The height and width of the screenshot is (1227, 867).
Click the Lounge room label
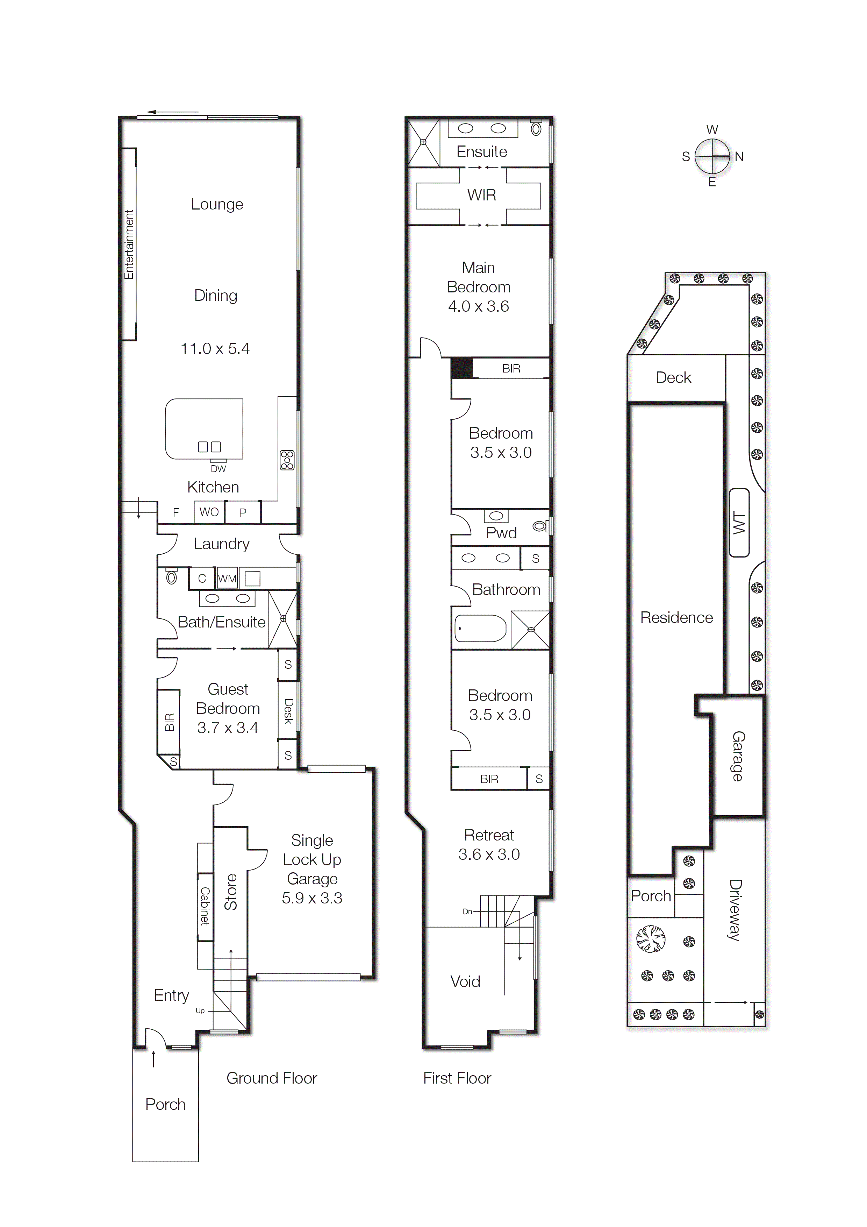point(217,204)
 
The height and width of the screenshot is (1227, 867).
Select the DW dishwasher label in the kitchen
point(218,469)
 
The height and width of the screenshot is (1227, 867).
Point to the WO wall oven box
point(209,512)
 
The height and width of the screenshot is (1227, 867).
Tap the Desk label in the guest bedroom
point(288,711)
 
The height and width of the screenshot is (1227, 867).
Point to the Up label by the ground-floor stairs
point(200,1010)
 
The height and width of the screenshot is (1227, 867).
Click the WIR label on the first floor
point(481,195)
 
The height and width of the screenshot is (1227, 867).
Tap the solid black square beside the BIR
point(461,368)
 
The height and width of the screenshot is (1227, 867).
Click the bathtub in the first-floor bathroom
point(480,629)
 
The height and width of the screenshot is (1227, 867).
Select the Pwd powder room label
point(501,533)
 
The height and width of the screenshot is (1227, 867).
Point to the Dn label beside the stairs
point(467,911)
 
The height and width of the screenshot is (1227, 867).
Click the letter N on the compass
point(739,157)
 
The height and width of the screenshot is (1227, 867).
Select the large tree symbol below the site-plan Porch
point(651,939)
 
